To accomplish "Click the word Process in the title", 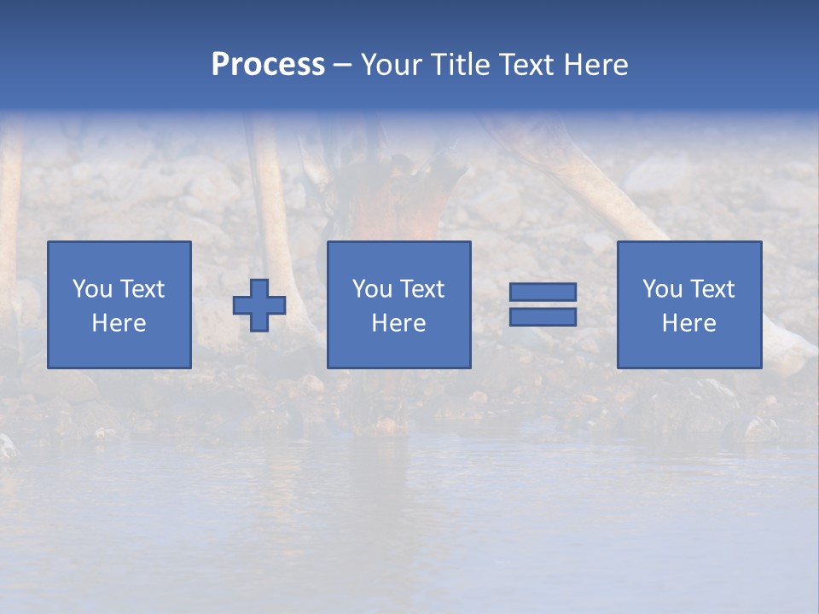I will (x=268, y=65).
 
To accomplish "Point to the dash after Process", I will (x=342, y=66).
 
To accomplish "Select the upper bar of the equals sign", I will (x=543, y=293).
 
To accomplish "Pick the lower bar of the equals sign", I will (x=543, y=316).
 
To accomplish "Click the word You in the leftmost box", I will (x=90, y=289).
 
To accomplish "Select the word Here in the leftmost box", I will (x=119, y=323).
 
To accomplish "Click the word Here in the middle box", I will (x=398, y=323).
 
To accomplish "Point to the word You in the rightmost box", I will (x=661, y=289).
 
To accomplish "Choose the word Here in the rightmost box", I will (x=689, y=323).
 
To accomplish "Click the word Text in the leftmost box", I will (x=142, y=289).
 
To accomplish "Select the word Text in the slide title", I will (x=526, y=65).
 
